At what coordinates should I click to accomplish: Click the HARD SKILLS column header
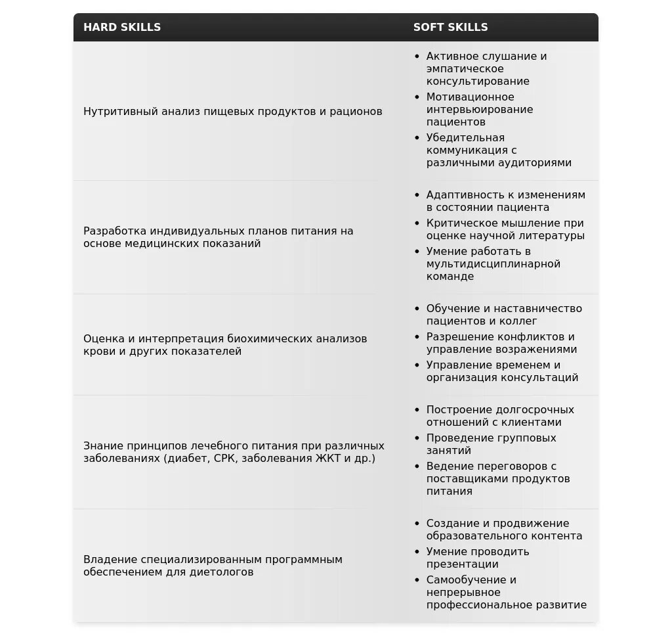(122, 27)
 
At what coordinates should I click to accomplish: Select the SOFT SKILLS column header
(450, 27)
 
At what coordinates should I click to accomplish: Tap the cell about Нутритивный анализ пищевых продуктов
(232, 111)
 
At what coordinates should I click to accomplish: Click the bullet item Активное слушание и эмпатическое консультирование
(486, 68)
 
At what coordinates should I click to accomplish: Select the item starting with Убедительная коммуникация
(498, 150)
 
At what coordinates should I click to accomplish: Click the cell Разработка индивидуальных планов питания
(218, 237)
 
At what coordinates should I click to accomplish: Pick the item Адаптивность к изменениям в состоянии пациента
(505, 201)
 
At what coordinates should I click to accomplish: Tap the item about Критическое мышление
(505, 229)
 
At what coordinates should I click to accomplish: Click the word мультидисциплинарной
(493, 263)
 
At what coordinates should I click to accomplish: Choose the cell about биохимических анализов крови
(225, 345)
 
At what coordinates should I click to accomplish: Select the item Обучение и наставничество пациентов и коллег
(503, 315)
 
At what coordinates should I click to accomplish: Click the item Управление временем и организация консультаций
(502, 371)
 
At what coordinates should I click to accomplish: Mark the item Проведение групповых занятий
(491, 444)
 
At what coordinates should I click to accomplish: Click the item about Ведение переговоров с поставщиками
(497, 478)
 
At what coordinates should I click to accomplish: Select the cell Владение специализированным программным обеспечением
(213, 566)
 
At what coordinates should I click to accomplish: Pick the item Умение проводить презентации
(477, 558)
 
